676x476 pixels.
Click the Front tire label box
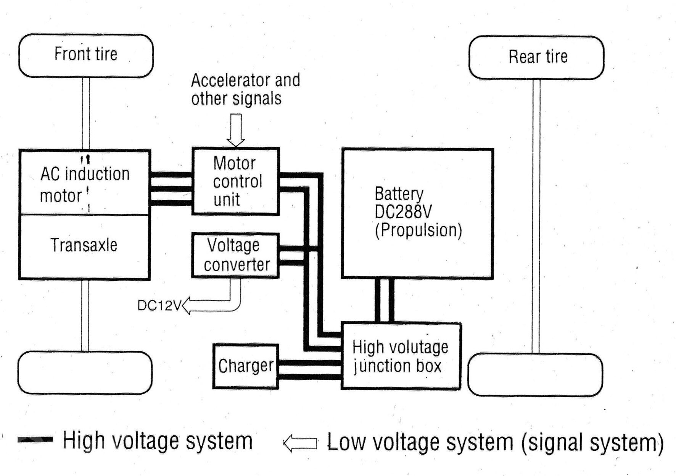coord(86,56)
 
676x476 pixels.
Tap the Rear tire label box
coord(536,58)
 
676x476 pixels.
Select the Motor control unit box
coord(236,181)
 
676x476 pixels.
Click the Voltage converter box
coord(236,255)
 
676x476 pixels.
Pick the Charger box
coord(246,366)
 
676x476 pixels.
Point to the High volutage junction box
coord(401,356)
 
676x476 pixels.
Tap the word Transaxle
coord(84,245)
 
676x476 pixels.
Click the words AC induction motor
coord(85,185)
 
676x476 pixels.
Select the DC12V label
coord(159,306)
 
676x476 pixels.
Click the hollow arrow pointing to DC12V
coord(212,305)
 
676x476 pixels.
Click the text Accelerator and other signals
coord(245,89)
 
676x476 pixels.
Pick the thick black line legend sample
coord(35,440)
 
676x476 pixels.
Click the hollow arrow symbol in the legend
coord(300,443)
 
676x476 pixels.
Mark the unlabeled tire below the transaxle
coord(85,373)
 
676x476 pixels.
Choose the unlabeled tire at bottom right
coord(535,375)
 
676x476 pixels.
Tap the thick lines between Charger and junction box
coord(309,370)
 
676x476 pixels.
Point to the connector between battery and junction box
coord(384,301)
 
